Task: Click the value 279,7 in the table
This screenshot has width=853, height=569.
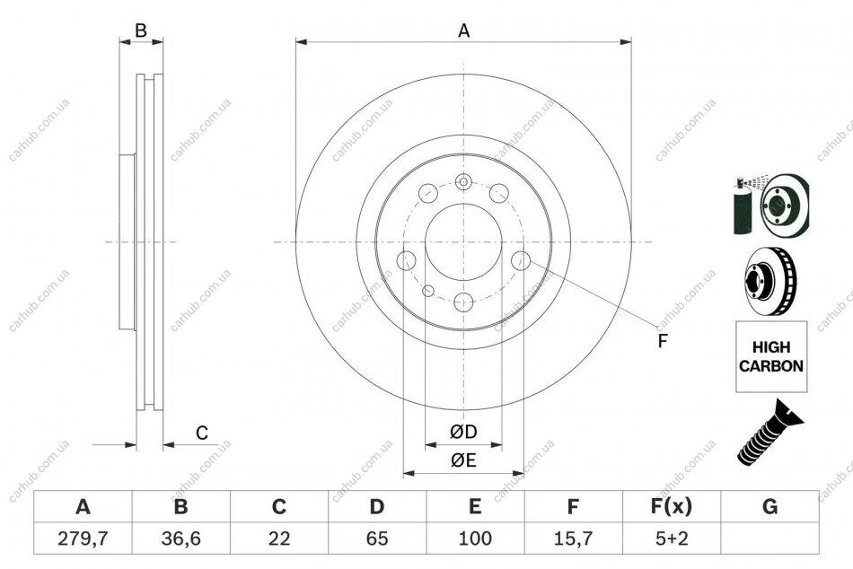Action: (x=83, y=538)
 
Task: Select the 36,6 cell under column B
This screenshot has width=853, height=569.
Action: (x=180, y=538)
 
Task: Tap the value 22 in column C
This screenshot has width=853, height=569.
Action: (x=278, y=538)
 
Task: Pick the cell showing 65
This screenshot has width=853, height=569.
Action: (x=377, y=538)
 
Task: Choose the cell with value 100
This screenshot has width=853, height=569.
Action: (x=475, y=538)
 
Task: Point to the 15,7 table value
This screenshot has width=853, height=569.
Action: (x=574, y=538)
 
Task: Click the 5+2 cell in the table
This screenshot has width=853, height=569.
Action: (x=672, y=538)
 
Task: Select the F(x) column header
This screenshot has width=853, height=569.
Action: (x=672, y=506)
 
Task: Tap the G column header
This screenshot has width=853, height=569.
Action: (x=769, y=506)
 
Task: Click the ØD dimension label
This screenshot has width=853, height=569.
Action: (x=463, y=432)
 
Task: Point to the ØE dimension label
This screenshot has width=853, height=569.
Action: (x=463, y=460)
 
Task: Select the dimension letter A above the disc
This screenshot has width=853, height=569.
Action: (x=463, y=31)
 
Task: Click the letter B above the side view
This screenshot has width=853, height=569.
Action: (x=141, y=31)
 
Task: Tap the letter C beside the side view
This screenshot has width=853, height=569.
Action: (x=202, y=433)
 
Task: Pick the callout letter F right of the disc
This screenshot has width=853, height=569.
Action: (x=662, y=341)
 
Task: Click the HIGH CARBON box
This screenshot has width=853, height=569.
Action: (x=771, y=356)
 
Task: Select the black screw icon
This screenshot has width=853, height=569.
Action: (x=770, y=433)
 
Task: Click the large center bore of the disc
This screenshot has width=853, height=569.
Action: (x=463, y=242)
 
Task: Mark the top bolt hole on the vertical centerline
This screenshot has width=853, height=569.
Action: (x=463, y=181)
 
